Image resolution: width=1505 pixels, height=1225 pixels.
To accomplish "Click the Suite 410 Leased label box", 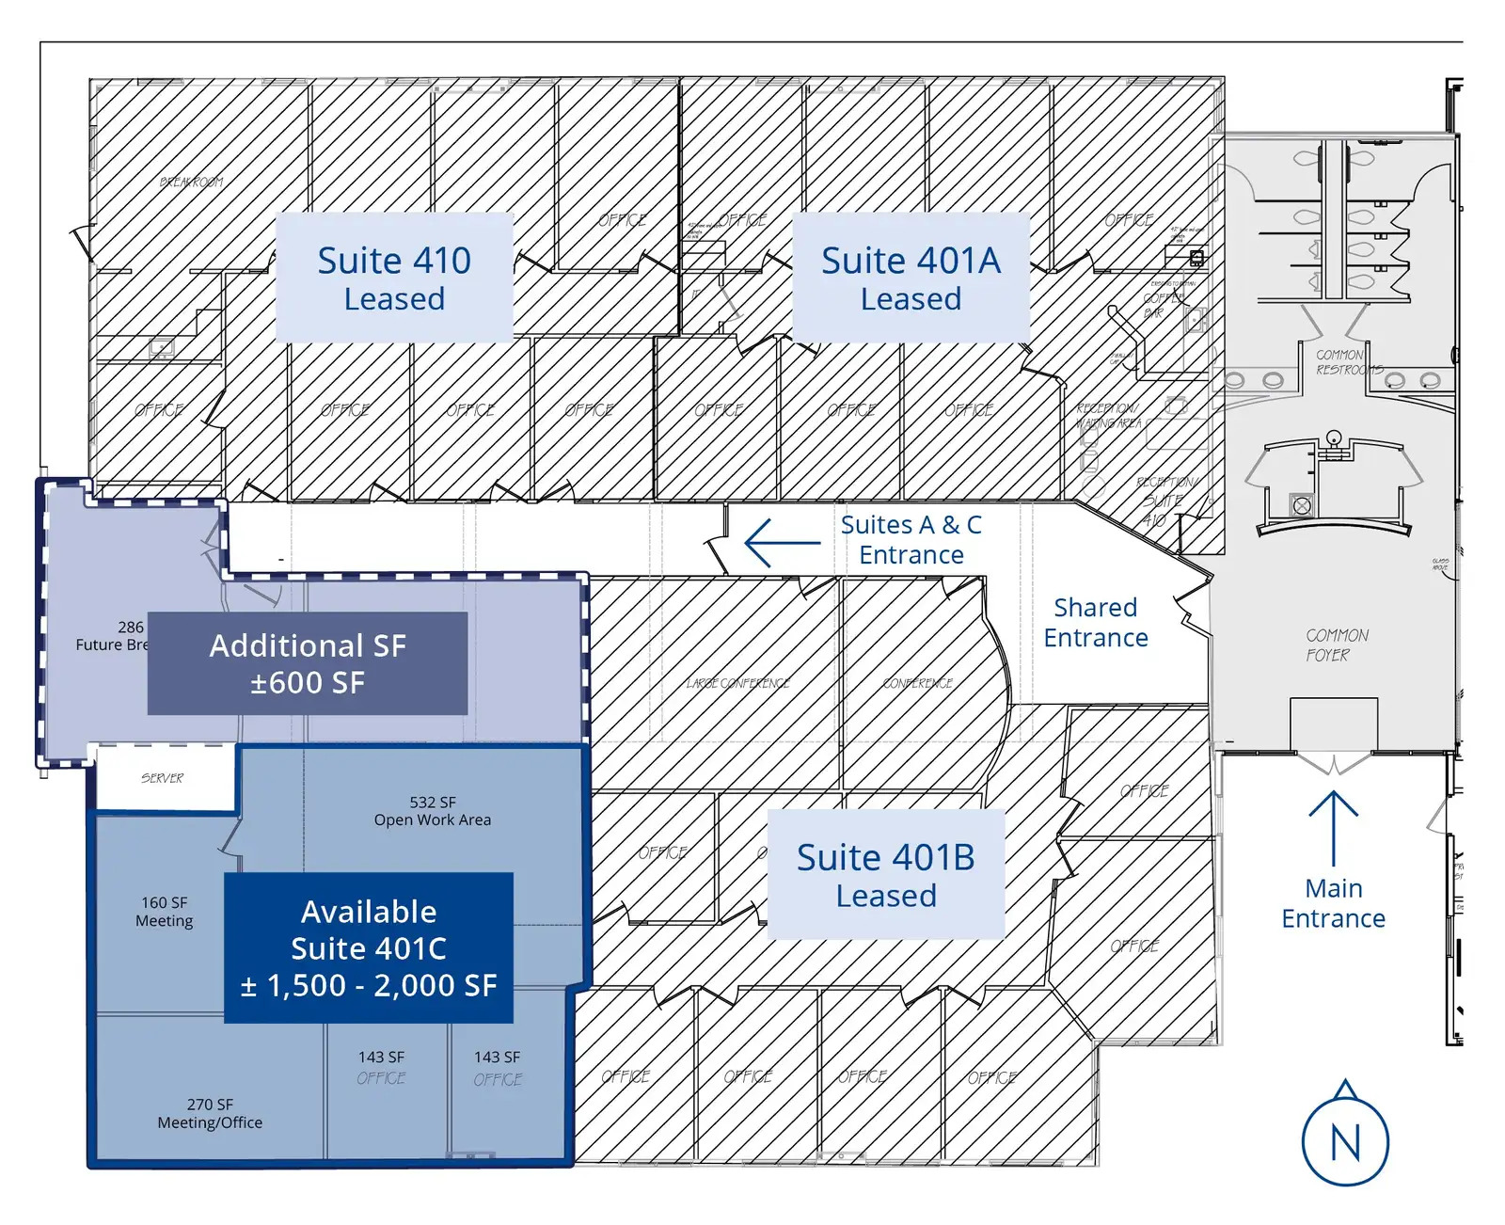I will (x=394, y=278).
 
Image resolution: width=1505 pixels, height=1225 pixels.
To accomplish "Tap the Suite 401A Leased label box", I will (x=911, y=278).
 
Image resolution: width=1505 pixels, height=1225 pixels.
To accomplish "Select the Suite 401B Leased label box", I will (x=885, y=875).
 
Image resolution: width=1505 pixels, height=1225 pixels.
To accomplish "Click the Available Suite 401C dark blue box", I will (x=369, y=947).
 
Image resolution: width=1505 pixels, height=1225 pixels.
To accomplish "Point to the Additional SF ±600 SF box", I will (x=308, y=663).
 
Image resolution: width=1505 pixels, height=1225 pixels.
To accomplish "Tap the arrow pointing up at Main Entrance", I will (x=1333, y=828).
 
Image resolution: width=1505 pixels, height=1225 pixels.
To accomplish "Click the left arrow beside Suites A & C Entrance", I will (x=781, y=543).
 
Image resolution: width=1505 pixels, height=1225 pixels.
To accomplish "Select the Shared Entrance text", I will (x=1096, y=622).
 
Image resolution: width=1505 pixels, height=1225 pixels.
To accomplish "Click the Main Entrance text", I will (x=1333, y=902).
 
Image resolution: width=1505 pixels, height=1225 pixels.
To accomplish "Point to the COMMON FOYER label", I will (x=1336, y=645).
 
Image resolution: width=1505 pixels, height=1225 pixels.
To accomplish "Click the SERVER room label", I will (x=163, y=778).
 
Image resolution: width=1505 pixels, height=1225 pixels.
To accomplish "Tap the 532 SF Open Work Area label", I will (x=433, y=811).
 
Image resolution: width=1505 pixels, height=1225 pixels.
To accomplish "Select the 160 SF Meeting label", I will (x=165, y=912).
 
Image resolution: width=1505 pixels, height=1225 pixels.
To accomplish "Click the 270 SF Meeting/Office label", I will (x=210, y=1113).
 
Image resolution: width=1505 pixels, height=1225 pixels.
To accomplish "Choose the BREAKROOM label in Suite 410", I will (x=192, y=182).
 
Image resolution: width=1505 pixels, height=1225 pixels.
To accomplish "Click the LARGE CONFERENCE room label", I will (x=737, y=683).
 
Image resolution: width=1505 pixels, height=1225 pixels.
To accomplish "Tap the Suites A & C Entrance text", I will (x=911, y=539).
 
